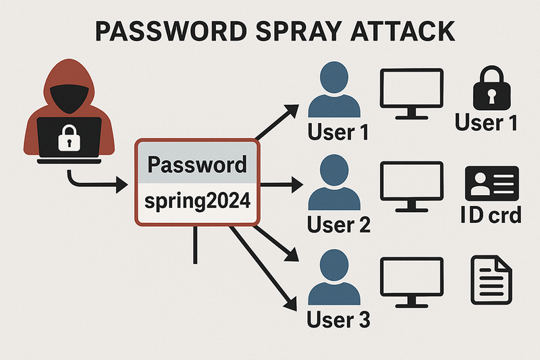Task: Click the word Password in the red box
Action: [196, 165]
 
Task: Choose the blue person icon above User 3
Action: [333, 277]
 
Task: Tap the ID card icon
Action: [491, 184]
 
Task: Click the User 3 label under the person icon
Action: [338, 319]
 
